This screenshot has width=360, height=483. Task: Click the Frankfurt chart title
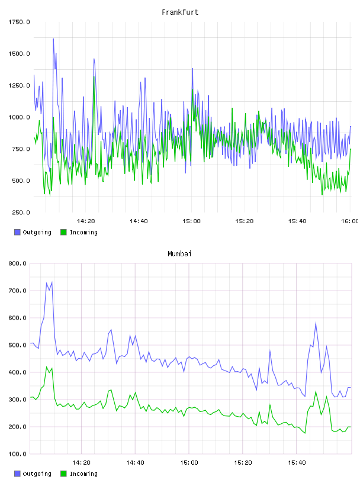180,12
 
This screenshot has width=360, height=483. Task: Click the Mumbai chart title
179,254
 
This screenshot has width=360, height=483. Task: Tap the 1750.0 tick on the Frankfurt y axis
19,22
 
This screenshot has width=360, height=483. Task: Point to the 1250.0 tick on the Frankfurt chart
19,85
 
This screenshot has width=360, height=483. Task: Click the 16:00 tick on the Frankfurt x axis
350,221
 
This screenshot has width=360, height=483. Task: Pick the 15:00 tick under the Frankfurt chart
191,221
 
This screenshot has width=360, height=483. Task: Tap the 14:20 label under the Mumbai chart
81,463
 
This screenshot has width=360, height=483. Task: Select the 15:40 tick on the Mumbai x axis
297,463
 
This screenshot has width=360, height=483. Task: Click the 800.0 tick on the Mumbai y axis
17,263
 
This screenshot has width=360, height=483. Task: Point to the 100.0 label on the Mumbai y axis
17,454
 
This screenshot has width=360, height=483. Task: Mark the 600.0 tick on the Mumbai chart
17,318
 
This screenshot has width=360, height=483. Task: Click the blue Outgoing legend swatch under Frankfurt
17,232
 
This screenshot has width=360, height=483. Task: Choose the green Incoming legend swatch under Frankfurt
63,232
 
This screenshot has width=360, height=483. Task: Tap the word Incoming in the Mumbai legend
83,474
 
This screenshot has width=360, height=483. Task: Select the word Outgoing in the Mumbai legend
37,474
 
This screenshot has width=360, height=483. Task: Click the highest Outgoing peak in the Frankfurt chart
53,39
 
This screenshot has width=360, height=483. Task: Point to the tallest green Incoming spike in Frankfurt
94,77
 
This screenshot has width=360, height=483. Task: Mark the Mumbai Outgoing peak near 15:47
316,323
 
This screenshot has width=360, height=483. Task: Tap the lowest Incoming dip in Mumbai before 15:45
305,433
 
